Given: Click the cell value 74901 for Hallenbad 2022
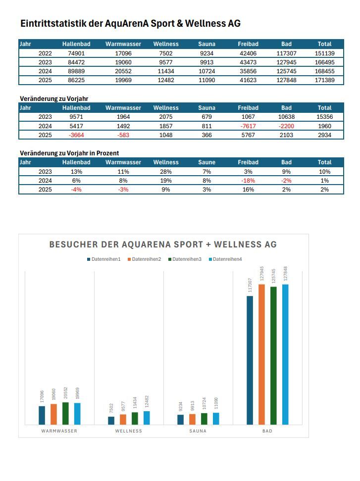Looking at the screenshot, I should coord(76,53).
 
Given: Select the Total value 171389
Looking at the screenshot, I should coord(324,80).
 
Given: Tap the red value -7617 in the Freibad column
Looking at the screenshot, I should coord(248,126).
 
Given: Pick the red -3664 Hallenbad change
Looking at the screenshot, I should coord(76,135).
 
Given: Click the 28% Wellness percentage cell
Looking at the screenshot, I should coord(166,171).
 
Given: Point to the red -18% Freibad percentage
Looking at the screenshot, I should coord(248,181).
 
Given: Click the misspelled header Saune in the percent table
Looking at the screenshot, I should coord(206,162).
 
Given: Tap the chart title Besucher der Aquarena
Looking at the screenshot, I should coord(163,244).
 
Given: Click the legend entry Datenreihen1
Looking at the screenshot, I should coord(105,259).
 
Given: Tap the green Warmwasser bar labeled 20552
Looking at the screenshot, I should coord(65,413).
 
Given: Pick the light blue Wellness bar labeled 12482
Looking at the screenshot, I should coord(147,418).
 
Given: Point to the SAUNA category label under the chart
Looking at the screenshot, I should coord(198,431).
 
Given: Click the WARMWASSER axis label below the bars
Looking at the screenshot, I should coord(59,431).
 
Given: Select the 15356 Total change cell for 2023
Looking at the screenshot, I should coord(324,117).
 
